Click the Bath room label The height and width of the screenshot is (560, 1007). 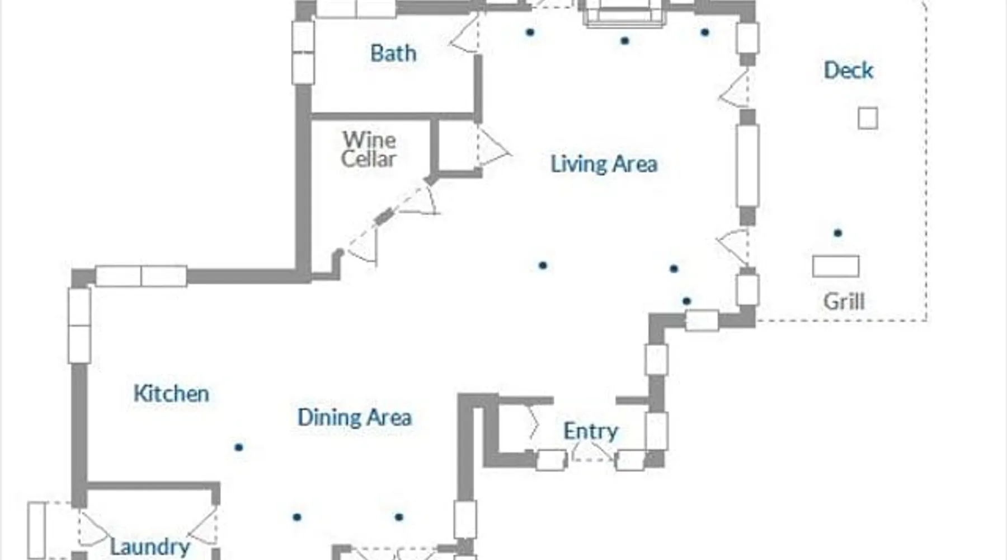(393, 54)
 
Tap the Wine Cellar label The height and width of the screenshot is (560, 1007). (369, 149)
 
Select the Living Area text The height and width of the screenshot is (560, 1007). (604, 164)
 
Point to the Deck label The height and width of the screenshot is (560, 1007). (848, 71)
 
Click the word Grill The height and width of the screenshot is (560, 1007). (844, 302)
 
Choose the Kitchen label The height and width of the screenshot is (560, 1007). (171, 394)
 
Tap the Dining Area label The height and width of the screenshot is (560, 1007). (355, 417)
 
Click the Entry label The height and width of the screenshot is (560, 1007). (590, 431)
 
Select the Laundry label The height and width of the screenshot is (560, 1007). (150, 547)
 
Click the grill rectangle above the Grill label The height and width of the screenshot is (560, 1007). (835, 267)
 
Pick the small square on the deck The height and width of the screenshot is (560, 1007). (868, 118)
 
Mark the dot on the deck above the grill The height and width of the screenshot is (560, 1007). (837, 233)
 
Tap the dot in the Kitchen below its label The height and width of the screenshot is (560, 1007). (239, 447)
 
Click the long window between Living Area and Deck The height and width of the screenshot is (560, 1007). (747, 166)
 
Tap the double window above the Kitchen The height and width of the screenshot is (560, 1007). (141, 276)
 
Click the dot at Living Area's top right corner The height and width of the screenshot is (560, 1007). (705, 32)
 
